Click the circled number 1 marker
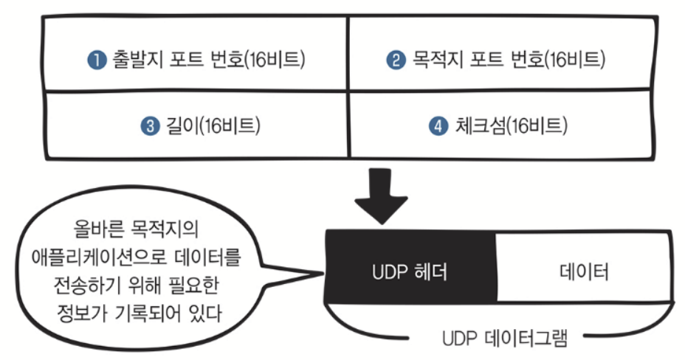pos(97,59)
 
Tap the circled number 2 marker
pos(396,59)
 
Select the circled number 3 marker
pos(151,126)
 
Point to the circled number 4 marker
pos(438,126)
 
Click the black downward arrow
pos(380,196)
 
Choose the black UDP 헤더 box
pos(410,267)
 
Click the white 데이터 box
pos(584,267)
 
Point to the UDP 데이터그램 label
pos(505,338)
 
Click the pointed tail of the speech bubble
pos(323,274)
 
